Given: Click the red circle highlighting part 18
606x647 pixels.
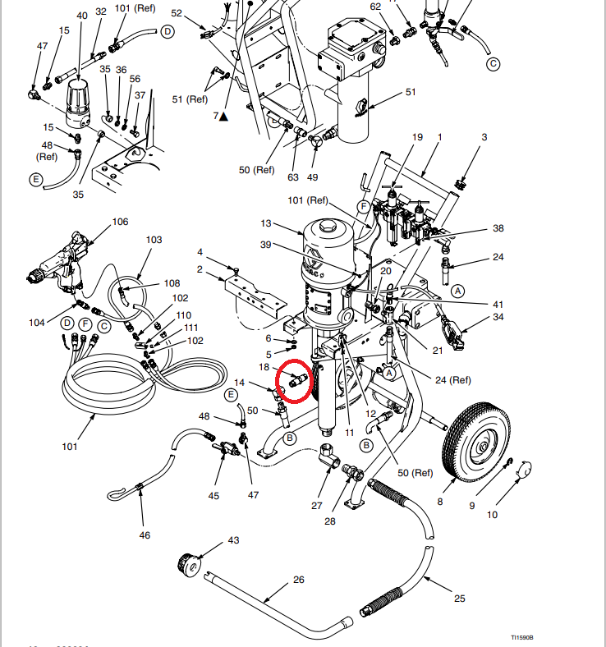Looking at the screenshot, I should (x=294, y=381).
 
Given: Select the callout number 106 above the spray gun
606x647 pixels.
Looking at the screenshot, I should (x=120, y=222).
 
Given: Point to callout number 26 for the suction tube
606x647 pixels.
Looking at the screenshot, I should (x=298, y=580).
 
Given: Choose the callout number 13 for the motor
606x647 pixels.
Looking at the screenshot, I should (x=265, y=223).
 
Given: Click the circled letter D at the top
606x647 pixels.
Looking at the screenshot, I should (x=168, y=31).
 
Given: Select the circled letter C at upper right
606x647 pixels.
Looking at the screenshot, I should (x=493, y=63).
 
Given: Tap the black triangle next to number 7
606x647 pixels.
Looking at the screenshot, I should (x=223, y=117).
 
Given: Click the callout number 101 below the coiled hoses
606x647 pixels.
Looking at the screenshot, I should (x=69, y=447).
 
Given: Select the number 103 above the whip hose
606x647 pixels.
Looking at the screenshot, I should (x=154, y=239).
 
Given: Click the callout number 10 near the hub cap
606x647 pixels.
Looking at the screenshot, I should (x=493, y=515).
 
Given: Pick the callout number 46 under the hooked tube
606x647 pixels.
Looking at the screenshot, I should (x=145, y=535).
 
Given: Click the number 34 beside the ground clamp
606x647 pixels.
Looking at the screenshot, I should (x=498, y=317).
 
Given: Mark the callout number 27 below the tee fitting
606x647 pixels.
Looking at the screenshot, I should (x=317, y=506).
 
